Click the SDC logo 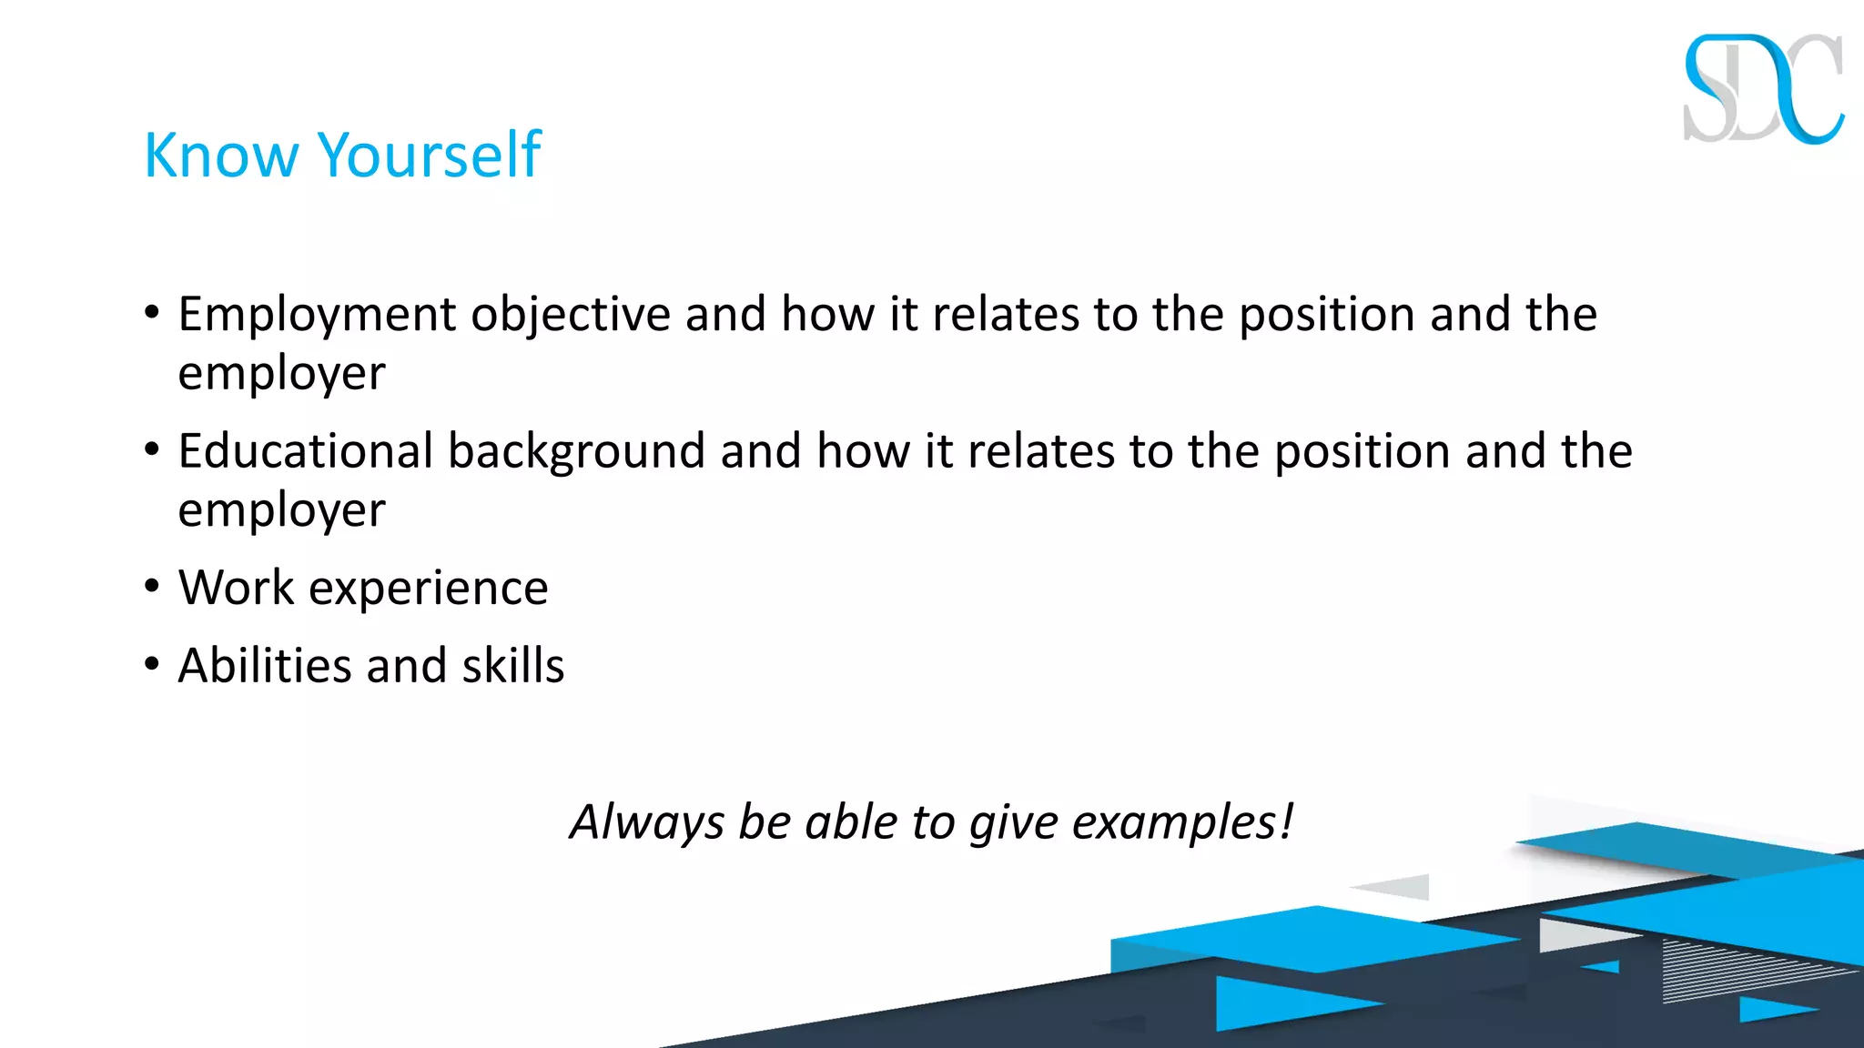[x=1763, y=89]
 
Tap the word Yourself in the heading [x=430, y=155]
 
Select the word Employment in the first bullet [x=317, y=316]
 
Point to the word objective [x=571, y=316]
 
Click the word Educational [x=305, y=451]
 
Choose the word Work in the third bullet [x=236, y=587]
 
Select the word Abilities [x=265, y=665]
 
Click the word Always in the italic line [x=647, y=822]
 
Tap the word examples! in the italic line [x=1182, y=822]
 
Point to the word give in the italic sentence [x=1013, y=822]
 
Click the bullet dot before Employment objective [x=152, y=313]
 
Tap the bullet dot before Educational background [x=152, y=449]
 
